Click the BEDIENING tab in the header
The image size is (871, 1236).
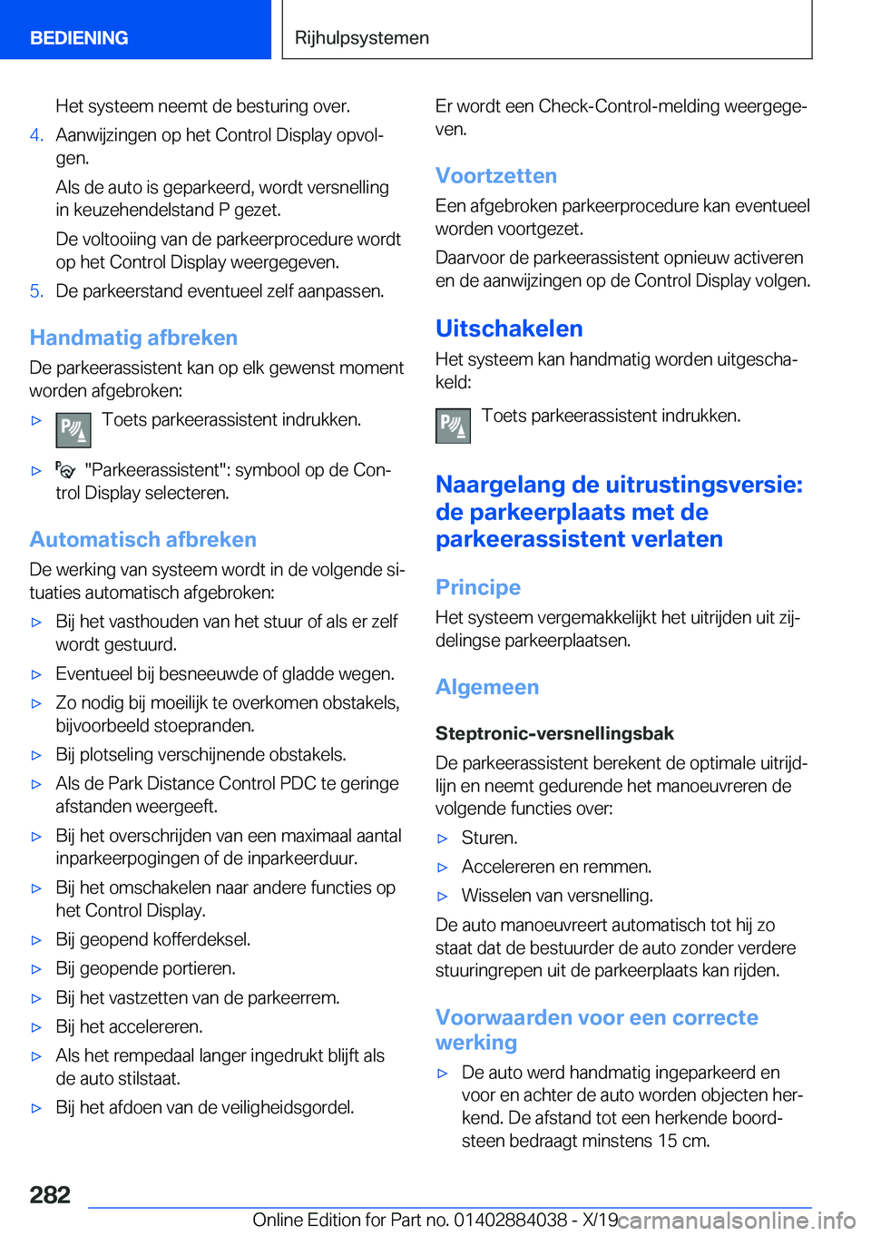click(x=79, y=38)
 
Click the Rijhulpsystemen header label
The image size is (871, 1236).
click(x=362, y=38)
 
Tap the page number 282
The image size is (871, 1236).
click(x=50, y=1194)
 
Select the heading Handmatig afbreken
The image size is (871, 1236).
click(x=133, y=338)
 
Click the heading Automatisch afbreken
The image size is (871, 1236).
click(x=142, y=540)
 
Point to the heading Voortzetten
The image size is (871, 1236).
click(x=495, y=176)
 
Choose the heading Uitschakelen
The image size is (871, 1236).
click(x=509, y=329)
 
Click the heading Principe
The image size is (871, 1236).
click(x=478, y=587)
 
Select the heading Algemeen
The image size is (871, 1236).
click(x=487, y=687)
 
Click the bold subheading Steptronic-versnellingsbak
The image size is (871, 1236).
click(x=554, y=733)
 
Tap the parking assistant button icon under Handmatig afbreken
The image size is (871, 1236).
click(x=73, y=430)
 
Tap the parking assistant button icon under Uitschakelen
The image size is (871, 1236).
click(x=453, y=426)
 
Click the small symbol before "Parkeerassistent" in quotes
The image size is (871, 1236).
click(x=65, y=470)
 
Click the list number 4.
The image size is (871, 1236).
click(x=36, y=135)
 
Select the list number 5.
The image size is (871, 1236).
click(x=36, y=291)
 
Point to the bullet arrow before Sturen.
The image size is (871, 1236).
click(x=443, y=839)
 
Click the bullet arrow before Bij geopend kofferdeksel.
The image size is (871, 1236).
click(x=37, y=940)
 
